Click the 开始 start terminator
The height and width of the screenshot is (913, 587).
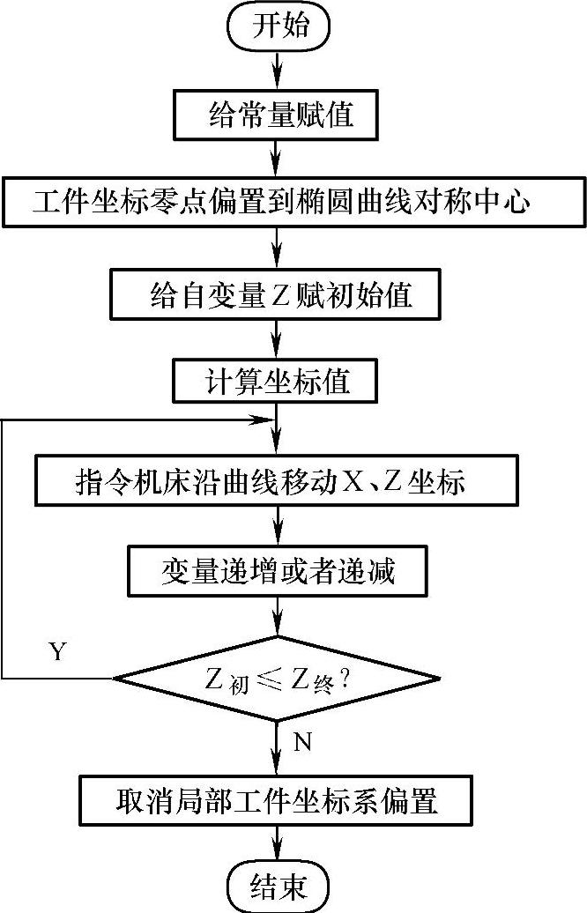point(278,26)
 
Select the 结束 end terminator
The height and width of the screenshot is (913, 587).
point(278,886)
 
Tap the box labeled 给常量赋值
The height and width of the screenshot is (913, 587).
point(278,115)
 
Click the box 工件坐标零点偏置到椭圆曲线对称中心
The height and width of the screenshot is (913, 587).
point(279,204)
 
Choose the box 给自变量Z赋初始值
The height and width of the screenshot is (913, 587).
point(279,294)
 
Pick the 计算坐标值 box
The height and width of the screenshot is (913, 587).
point(279,382)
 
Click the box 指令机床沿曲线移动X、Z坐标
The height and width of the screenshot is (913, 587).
point(279,484)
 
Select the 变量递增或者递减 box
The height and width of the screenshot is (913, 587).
point(279,572)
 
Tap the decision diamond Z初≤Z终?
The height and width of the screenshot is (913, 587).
point(278,679)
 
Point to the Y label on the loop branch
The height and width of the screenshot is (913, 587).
point(58,652)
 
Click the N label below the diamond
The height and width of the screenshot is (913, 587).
point(302,742)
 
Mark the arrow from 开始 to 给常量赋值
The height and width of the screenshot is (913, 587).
point(279,70)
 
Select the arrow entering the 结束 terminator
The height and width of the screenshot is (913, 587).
point(279,844)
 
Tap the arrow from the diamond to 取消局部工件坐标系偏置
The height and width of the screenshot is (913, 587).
point(279,749)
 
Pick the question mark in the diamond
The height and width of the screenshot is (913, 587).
point(346,679)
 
